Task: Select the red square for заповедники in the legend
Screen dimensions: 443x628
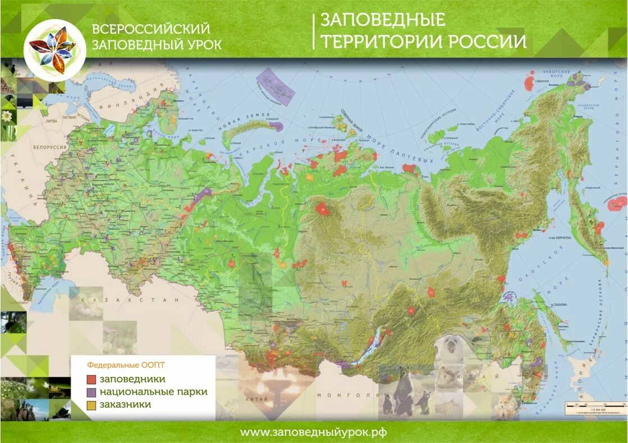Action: click(91, 379)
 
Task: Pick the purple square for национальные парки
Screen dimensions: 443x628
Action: click(91, 392)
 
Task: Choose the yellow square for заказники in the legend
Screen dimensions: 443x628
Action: click(91, 404)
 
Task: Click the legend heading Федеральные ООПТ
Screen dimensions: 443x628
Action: click(118, 363)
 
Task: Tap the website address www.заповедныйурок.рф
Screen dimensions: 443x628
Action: click(313, 432)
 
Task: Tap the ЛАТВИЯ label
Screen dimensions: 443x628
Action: click(68, 118)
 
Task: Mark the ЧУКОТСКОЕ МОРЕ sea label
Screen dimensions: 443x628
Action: click(556, 75)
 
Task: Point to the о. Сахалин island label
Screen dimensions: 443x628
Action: click(558, 304)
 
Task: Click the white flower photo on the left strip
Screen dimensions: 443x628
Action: click(7, 116)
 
